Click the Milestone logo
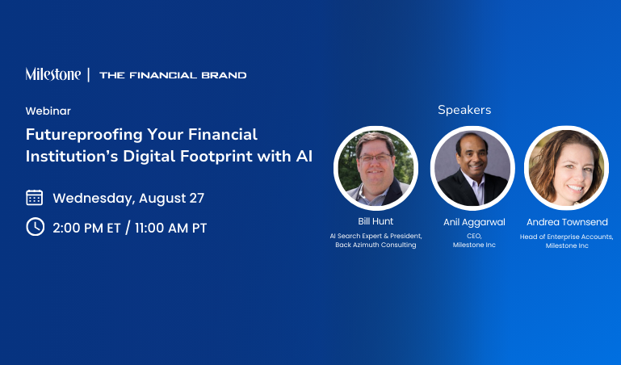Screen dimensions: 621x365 click(53, 74)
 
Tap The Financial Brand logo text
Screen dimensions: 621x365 click(173, 75)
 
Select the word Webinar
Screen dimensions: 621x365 click(48, 111)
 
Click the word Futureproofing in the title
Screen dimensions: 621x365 click(83, 135)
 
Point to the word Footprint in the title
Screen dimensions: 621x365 click(216, 157)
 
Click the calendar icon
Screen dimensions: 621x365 click(35, 198)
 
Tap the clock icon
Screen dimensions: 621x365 click(36, 227)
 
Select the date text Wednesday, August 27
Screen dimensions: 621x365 click(128, 198)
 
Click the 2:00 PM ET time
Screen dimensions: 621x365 click(86, 228)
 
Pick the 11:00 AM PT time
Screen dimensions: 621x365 click(170, 228)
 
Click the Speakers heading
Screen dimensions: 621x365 click(464, 110)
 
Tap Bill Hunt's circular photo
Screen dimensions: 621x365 click(376, 168)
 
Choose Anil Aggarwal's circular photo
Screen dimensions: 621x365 click(472, 168)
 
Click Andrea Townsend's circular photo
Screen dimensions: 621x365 click(566, 168)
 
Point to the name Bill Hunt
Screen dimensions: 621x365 click(376, 221)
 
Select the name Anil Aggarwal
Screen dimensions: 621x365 click(474, 222)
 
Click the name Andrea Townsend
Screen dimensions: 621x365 click(567, 222)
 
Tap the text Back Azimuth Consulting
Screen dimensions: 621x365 click(376, 245)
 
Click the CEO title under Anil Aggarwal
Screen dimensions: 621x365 click(474, 236)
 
